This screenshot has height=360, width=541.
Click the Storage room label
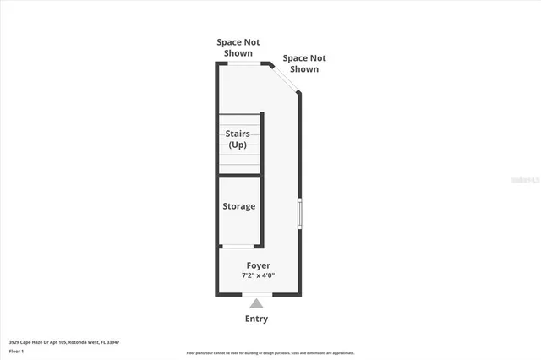(x=238, y=206)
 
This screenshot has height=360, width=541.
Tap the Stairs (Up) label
(x=238, y=139)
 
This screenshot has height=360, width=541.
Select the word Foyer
(x=259, y=265)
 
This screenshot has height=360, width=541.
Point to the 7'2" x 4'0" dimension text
(x=259, y=275)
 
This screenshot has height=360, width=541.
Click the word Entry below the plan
(x=257, y=319)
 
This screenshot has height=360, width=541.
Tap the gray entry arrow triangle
(x=257, y=303)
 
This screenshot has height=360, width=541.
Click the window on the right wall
(x=299, y=213)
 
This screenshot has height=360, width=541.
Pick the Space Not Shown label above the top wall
(x=238, y=47)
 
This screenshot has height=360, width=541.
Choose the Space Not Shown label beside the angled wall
(x=304, y=63)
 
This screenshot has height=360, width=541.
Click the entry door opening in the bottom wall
(x=257, y=295)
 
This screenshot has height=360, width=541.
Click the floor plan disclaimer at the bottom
(x=270, y=353)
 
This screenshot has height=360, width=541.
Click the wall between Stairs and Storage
(x=240, y=176)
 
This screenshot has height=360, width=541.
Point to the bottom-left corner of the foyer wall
(x=217, y=294)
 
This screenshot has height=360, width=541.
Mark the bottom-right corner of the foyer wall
(x=299, y=294)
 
